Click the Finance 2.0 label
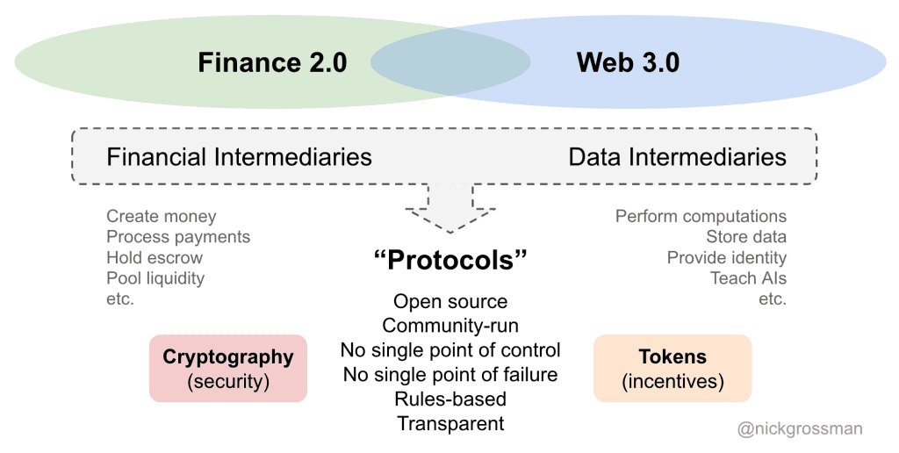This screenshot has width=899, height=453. pyautogui.click(x=272, y=62)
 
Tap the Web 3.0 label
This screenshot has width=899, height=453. pyautogui.click(x=628, y=62)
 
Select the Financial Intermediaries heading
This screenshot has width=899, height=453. pyautogui.click(x=239, y=157)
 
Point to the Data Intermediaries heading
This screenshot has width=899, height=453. pyautogui.click(x=677, y=157)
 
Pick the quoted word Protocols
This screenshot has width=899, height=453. pyautogui.click(x=449, y=261)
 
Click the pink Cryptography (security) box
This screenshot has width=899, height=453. pyautogui.click(x=228, y=369)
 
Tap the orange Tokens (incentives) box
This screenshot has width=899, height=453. pyautogui.click(x=672, y=369)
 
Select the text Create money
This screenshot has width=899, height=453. pyautogui.click(x=161, y=216)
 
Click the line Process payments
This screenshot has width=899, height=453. pyautogui.click(x=178, y=237)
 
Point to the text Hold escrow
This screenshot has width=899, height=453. pyautogui.click(x=155, y=258)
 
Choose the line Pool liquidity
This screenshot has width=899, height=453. pyautogui.click(x=155, y=278)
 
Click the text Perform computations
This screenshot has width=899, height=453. pyautogui.click(x=701, y=216)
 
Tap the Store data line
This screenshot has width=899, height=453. pyautogui.click(x=745, y=237)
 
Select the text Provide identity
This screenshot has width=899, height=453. pyautogui.click(x=726, y=258)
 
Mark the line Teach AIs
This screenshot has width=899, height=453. pyautogui.click(x=748, y=278)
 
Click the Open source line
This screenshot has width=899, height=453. pyautogui.click(x=449, y=302)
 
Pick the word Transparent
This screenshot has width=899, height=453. pyautogui.click(x=450, y=424)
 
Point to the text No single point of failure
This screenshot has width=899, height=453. pyautogui.click(x=449, y=375)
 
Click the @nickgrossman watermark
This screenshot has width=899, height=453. pyautogui.click(x=800, y=429)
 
